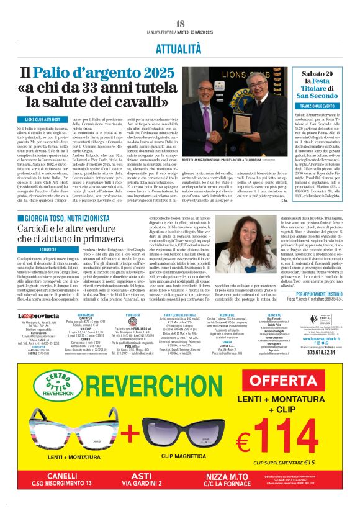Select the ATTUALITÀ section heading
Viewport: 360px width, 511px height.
180,47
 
